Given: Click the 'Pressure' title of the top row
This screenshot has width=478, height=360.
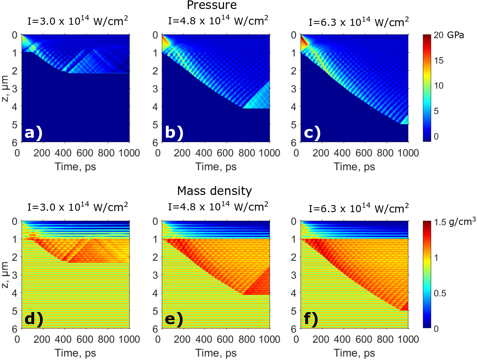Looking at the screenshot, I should [x=212, y=5].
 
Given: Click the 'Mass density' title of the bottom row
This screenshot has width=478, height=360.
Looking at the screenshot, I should [x=214, y=191].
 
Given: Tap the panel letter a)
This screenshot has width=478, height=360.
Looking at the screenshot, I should [x=33, y=133].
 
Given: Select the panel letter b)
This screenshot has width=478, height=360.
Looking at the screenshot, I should [x=174, y=133].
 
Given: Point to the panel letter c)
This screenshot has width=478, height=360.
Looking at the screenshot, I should [x=312, y=133].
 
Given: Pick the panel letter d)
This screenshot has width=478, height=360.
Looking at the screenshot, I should [x=34, y=319].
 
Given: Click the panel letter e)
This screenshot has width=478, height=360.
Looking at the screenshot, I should [x=174, y=319].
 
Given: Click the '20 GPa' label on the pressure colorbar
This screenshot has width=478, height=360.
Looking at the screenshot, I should [x=449, y=35].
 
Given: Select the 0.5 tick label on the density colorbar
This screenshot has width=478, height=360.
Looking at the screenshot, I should [x=440, y=293].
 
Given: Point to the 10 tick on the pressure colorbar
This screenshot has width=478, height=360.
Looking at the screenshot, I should [x=438, y=86].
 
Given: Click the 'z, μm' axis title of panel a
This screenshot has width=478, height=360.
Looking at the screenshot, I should [x=5, y=89].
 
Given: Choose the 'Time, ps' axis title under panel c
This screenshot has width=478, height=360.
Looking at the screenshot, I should [x=354, y=167].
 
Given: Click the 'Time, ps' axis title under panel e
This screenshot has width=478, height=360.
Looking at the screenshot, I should [x=216, y=353].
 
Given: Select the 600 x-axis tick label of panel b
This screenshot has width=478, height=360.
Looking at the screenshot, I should [x=225, y=153].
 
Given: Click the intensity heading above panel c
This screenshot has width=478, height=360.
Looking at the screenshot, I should [x=359, y=22].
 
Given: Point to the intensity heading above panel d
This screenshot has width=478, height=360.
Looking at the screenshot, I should [x=77, y=207].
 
